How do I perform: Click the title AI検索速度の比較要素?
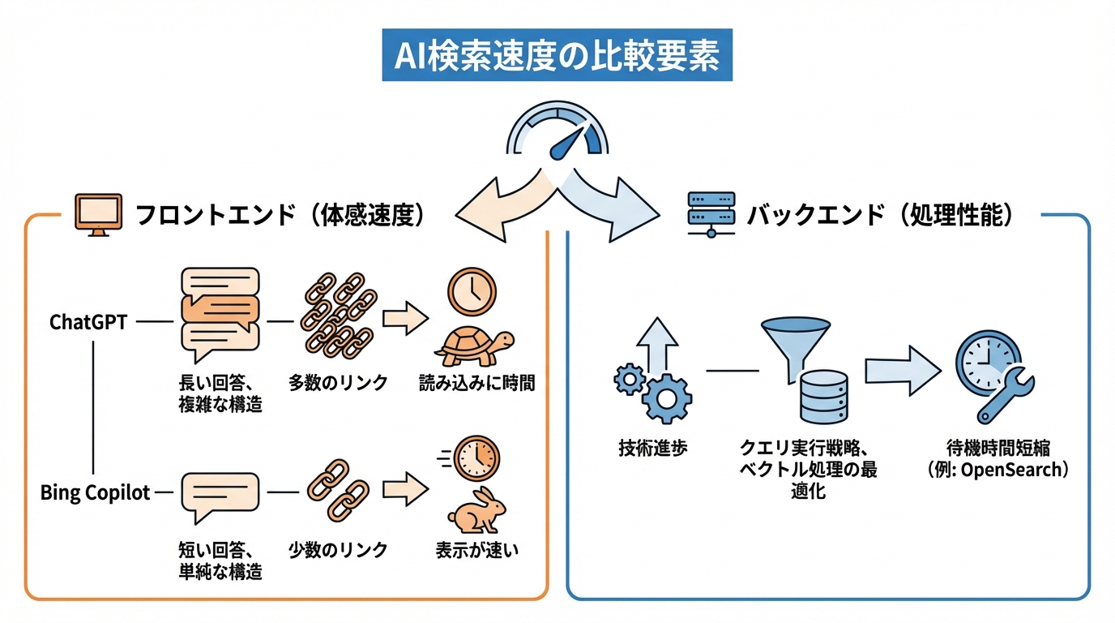click(x=557, y=57)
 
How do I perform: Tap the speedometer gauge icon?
click(x=557, y=131)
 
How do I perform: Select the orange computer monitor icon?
click(x=98, y=214)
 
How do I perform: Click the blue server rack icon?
click(x=710, y=214)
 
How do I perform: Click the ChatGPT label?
click(x=88, y=322)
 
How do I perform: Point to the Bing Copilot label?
click(x=96, y=492)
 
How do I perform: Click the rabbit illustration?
click(x=478, y=511)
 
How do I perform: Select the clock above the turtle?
click(x=472, y=292)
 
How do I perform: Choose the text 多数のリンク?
click(x=338, y=383)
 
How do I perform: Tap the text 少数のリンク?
click(x=338, y=549)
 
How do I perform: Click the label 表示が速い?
click(x=476, y=549)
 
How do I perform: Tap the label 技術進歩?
click(x=653, y=448)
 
